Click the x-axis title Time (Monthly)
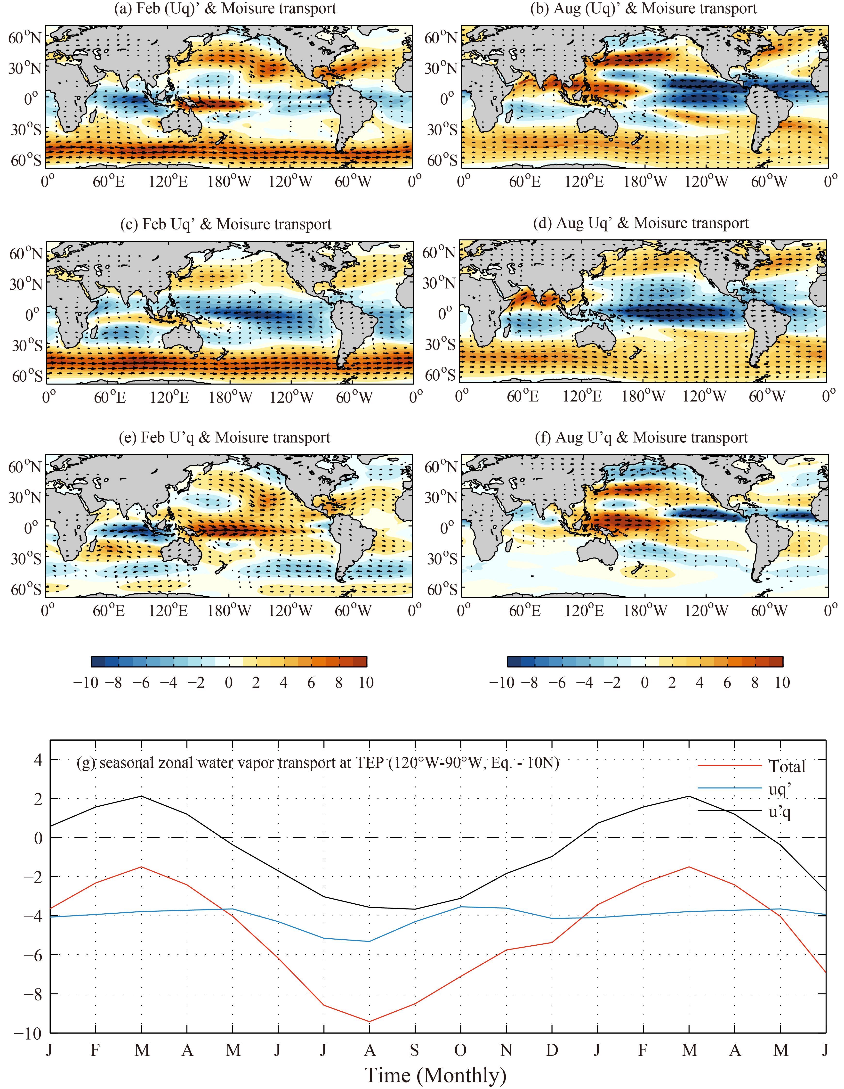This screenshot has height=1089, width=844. [x=435, y=1074]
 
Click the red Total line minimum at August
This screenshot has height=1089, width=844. [x=369, y=1021]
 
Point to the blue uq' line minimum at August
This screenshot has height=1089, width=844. [x=369, y=942]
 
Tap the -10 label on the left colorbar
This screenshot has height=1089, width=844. [x=86, y=683]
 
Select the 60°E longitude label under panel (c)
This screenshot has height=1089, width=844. [x=110, y=397]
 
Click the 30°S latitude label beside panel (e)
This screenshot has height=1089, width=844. [x=26, y=558]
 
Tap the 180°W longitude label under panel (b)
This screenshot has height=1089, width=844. [x=645, y=181]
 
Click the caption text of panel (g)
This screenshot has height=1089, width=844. [x=318, y=763]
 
